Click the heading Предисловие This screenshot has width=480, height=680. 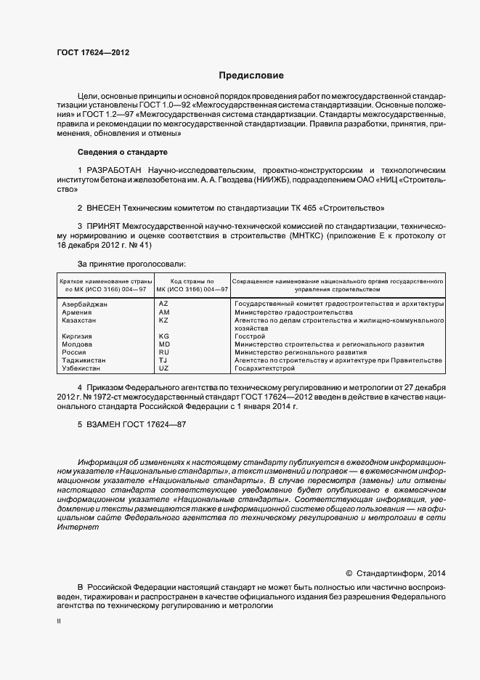[251, 76]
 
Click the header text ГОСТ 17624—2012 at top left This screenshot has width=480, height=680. [93, 52]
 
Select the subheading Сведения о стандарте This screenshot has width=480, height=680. [122, 152]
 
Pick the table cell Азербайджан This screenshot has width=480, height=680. [86, 304]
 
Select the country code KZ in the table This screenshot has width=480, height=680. [163, 320]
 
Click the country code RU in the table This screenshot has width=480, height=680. [163, 352]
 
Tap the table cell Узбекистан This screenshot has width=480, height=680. [83, 368]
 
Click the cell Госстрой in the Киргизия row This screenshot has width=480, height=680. [251, 336]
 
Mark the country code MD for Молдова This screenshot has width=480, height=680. [164, 344]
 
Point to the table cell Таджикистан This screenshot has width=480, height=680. [84, 360]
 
